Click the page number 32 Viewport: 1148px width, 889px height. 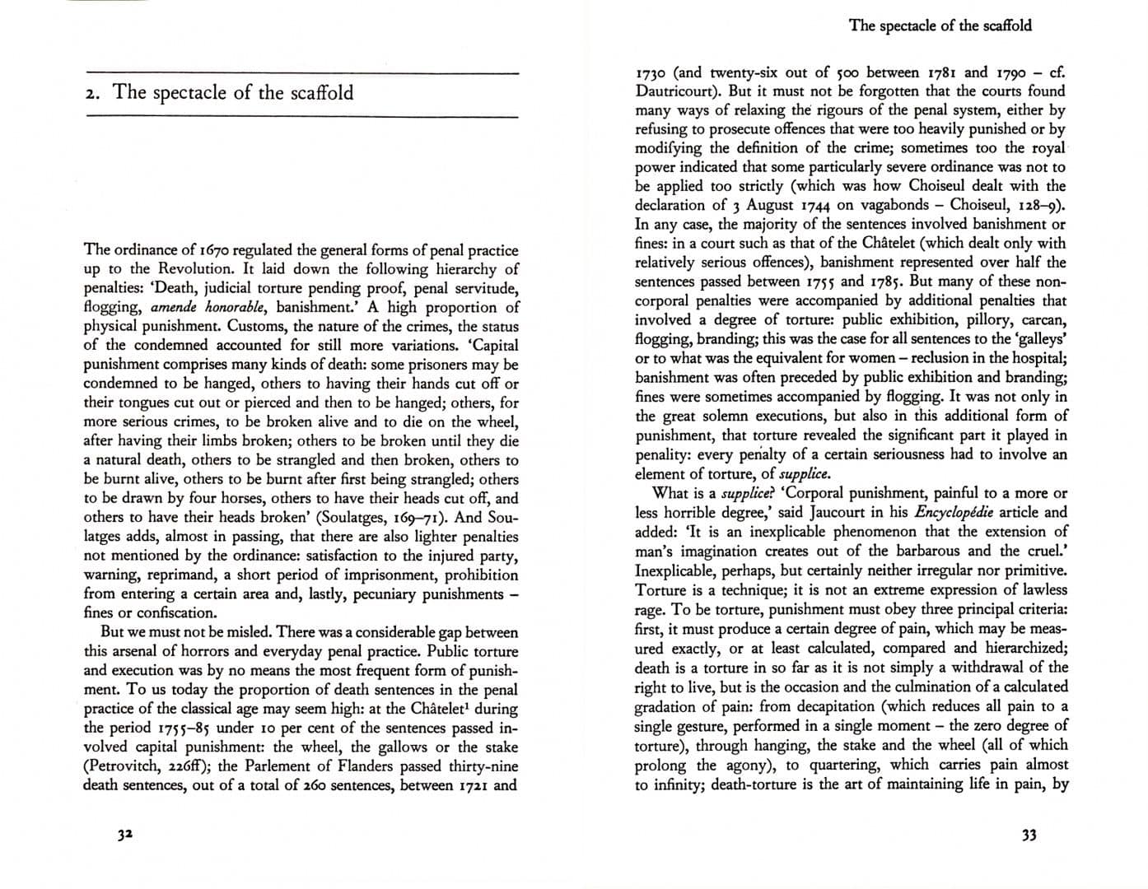click(x=124, y=835)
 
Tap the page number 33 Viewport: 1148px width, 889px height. click(x=1029, y=835)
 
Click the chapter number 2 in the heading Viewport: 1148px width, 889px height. click(x=91, y=93)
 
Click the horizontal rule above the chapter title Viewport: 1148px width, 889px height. click(x=301, y=75)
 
